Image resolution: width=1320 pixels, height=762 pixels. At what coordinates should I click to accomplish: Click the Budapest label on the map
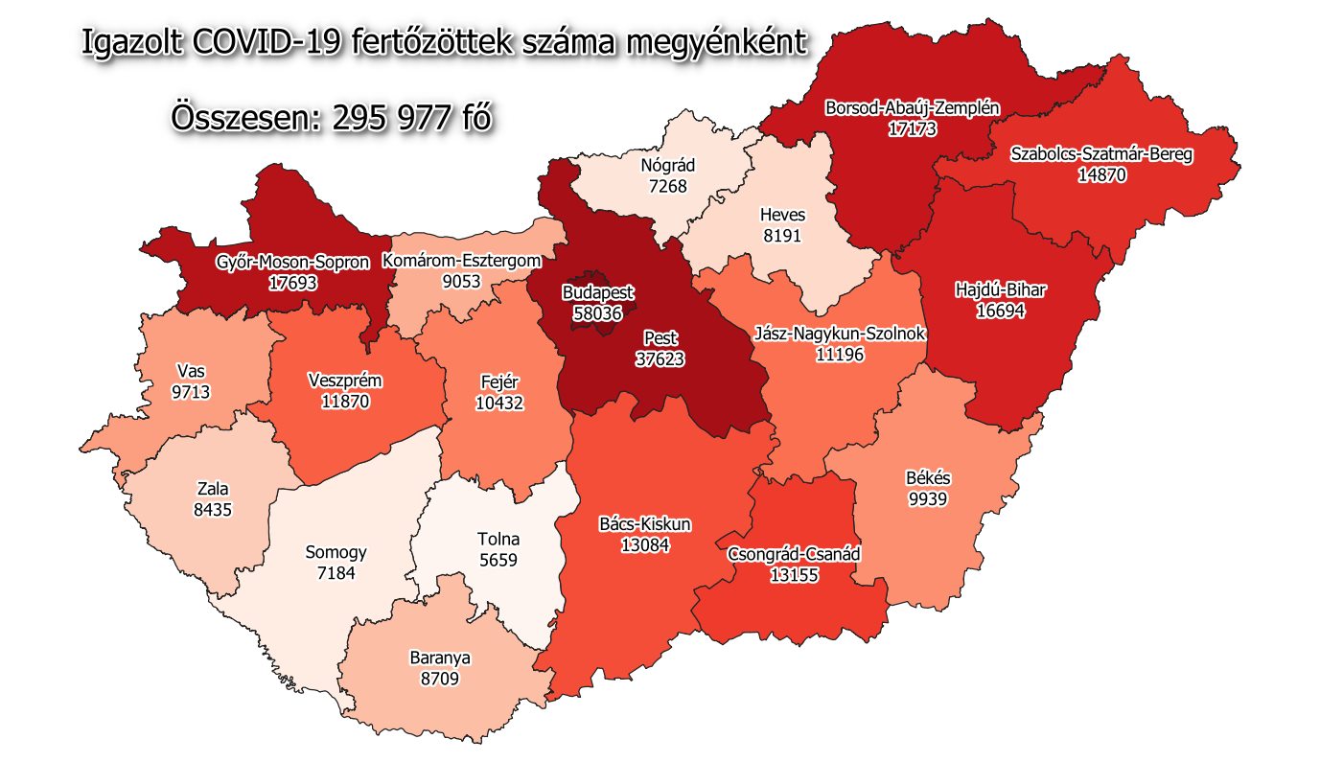(598, 292)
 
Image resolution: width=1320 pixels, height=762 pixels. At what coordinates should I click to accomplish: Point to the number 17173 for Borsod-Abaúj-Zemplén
(912, 127)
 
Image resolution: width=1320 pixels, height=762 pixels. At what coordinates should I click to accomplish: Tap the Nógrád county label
(667, 165)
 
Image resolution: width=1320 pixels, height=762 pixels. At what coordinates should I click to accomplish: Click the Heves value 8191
(782, 234)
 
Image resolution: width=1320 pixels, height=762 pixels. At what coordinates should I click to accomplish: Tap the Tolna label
(498, 539)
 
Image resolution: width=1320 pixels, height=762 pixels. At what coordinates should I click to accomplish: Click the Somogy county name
(336, 552)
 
